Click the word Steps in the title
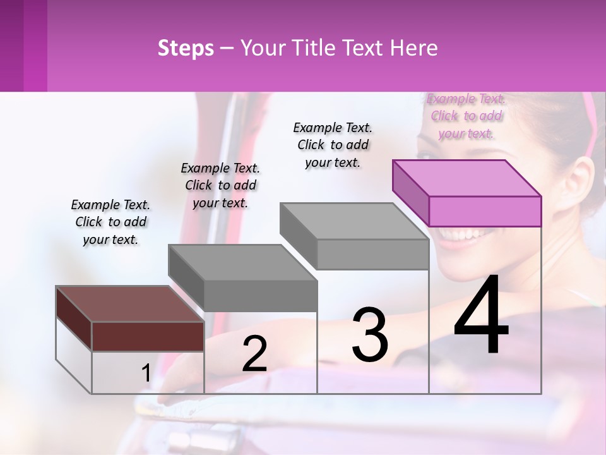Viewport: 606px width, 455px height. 186,48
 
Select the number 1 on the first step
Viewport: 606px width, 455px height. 146,373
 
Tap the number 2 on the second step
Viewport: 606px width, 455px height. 254,354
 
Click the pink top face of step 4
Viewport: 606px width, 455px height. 467,178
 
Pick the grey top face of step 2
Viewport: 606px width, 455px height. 242,262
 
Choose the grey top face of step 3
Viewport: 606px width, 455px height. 354,221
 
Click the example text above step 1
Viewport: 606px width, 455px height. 110,222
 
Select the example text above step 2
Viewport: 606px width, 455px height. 220,185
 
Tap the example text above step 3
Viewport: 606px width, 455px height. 333,145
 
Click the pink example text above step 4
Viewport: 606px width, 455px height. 466,116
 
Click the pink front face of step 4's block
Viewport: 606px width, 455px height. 485,211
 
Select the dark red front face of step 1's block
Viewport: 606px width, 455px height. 148,336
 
